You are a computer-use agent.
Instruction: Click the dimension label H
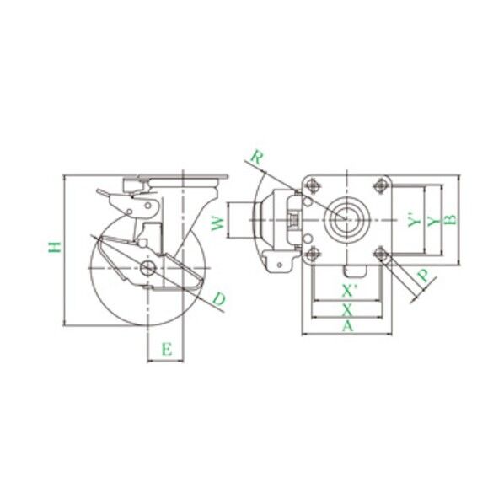55,247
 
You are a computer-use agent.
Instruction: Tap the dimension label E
167,349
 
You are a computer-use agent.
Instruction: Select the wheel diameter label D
219,299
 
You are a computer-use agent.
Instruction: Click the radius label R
257,157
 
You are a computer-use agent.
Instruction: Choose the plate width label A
347,326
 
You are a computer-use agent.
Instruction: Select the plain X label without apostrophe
347,310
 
